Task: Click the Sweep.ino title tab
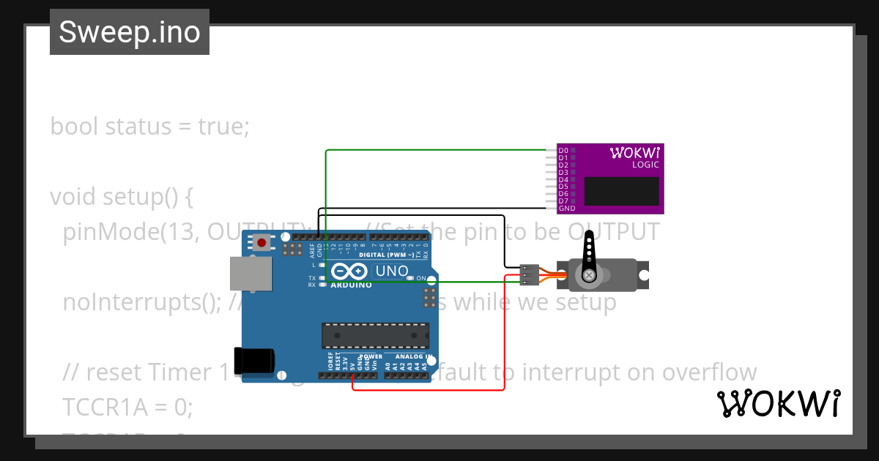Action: tap(130, 32)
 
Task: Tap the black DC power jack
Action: tap(253, 359)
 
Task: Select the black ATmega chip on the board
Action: tap(375, 335)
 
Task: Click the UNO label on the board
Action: tap(392, 271)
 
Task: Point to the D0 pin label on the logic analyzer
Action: tap(563, 151)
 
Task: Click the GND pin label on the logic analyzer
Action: tap(566, 209)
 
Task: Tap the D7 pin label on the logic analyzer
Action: tap(563, 201)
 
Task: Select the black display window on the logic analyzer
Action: tap(621, 190)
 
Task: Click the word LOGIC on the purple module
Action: tap(645, 165)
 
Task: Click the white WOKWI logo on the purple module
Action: tap(635, 152)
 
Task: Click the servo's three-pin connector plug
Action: tap(529, 274)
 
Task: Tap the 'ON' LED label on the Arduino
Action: tap(421, 279)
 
